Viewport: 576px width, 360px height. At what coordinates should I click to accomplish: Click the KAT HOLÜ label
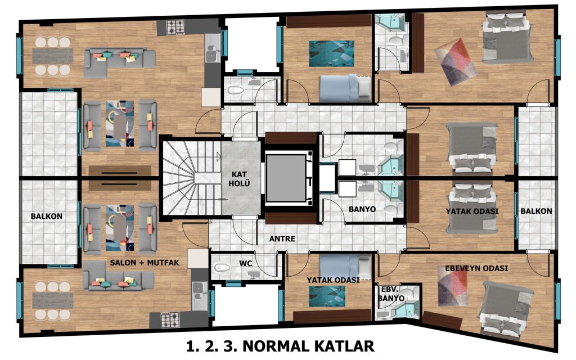pos(239,178)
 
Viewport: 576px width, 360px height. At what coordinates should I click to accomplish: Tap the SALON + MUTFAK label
pos(145,263)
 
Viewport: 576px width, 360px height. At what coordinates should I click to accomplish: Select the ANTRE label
pos(282,238)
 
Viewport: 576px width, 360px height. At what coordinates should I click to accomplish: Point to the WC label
pos(246,263)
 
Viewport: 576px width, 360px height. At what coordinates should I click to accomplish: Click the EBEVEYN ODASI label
pos(476,268)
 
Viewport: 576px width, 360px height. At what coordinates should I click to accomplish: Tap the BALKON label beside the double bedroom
pos(536,211)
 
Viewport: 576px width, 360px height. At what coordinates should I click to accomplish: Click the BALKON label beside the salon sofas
pos(46,217)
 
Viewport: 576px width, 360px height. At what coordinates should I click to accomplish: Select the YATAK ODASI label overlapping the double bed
pos(472,211)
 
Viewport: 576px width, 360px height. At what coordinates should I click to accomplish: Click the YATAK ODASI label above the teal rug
pos(333,280)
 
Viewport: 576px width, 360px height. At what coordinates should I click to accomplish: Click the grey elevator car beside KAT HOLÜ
pos(286,178)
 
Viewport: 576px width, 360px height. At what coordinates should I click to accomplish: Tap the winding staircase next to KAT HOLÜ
pos(192,178)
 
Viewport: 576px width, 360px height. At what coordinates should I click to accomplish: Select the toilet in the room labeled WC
pos(222,267)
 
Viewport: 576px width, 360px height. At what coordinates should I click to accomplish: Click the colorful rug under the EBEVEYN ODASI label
pos(453,286)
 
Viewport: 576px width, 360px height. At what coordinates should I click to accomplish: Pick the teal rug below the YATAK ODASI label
pos(327,296)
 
